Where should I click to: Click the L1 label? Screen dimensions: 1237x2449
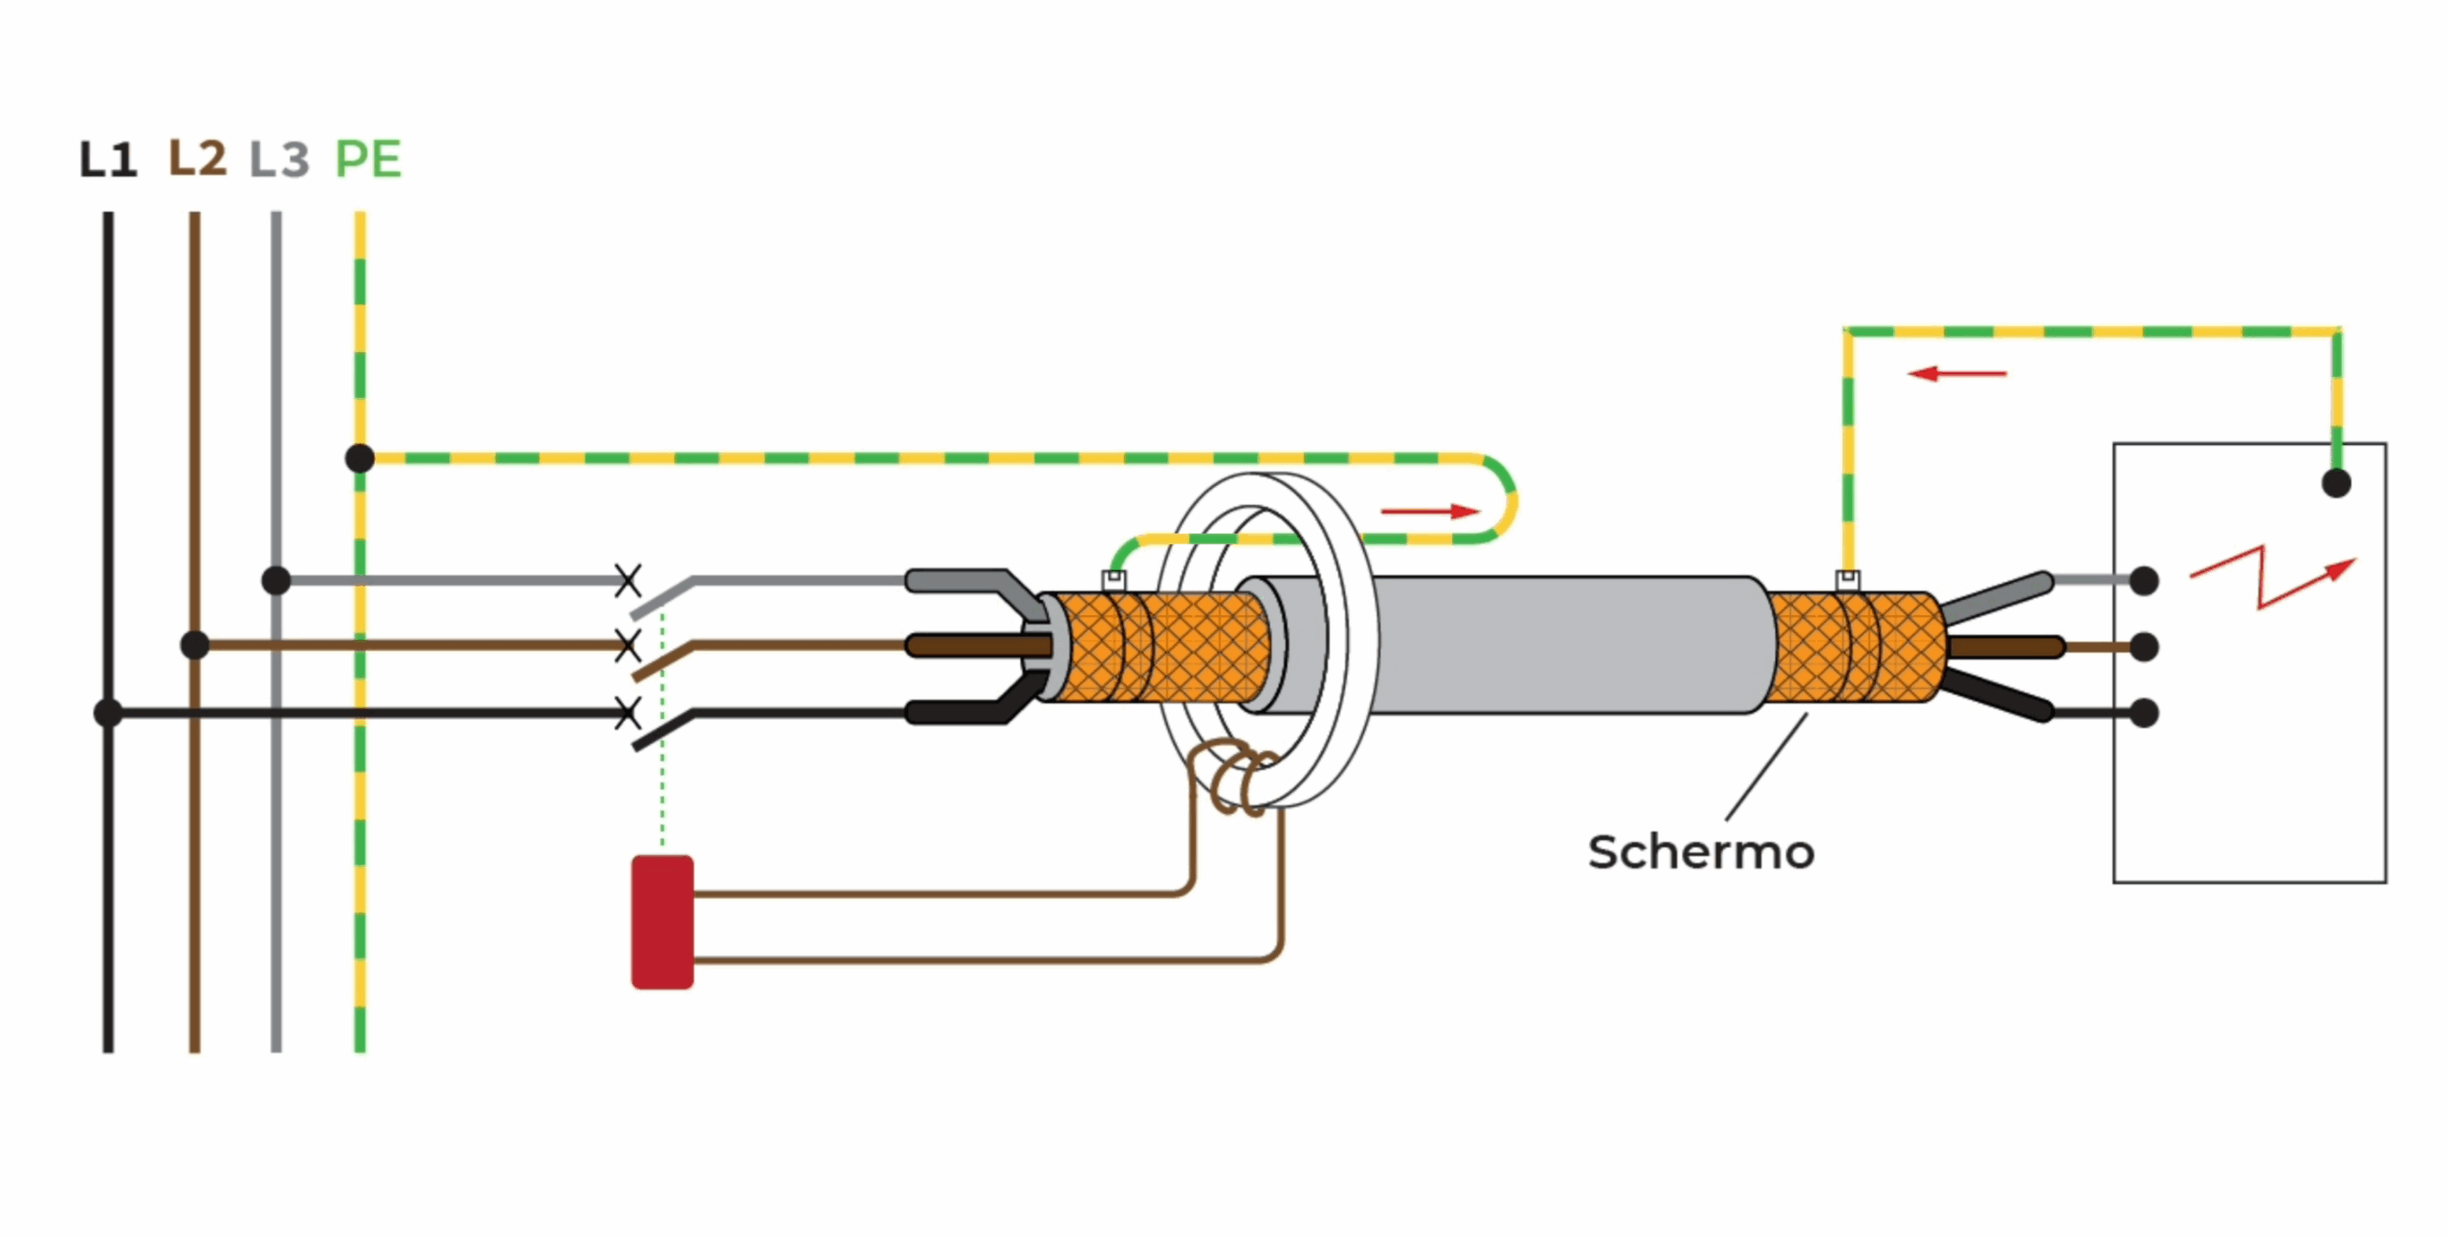click(x=107, y=160)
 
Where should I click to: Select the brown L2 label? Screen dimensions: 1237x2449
click(x=197, y=158)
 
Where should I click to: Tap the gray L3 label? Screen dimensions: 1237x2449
click(x=278, y=160)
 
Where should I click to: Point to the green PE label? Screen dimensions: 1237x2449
click(x=368, y=159)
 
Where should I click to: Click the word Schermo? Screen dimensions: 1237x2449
click(x=1701, y=852)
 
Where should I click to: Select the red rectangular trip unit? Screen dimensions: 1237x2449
click(x=662, y=921)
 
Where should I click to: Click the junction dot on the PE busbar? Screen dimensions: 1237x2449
click(x=360, y=458)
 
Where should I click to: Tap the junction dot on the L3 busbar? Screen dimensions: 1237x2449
click(x=276, y=580)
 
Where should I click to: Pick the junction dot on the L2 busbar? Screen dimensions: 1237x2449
click(x=195, y=645)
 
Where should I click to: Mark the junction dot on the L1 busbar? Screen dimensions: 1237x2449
click(x=108, y=713)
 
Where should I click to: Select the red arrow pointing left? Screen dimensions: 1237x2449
click(x=1956, y=373)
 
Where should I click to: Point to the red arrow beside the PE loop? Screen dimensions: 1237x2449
click(x=1430, y=512)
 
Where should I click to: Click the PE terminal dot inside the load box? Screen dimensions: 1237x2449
click(x=2336, y=483)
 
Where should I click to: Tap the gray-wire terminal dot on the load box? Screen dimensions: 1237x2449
click(x=2144, y=580)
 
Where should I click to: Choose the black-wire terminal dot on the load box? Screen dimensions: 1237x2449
click(x=2144, y=713)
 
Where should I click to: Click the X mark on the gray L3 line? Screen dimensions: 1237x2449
click(x=628, y=580)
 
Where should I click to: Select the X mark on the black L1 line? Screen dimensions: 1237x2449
click(x=628, y=713)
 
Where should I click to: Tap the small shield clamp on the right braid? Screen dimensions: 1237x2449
click(x=1847, y=580)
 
